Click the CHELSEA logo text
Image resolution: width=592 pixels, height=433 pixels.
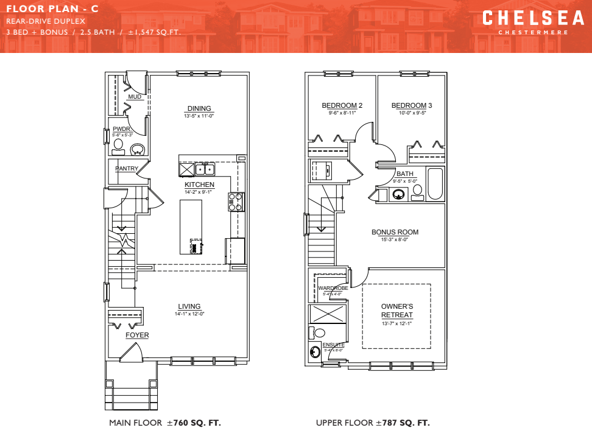pyautogui.click(x=533, y=18)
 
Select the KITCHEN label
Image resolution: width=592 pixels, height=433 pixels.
pyautogui.click(x=200, y=185)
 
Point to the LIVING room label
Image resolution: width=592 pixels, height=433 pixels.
pyautogui.click(x=189, y=306)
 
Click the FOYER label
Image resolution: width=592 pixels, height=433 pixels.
pyautogui.click(x=137, y=336)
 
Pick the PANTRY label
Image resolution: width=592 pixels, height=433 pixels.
pyautogui.click(x=127, y=169)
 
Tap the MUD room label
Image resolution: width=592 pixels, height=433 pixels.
pyautogui.click(x=135, y=97)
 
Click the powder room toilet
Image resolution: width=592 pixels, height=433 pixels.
pyautogui.click(x=118, y=147)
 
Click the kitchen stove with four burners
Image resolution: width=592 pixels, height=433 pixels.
pyautogui.click(x=236, y=202)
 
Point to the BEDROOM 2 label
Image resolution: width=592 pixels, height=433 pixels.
pyautogui.click(x=342, y=105)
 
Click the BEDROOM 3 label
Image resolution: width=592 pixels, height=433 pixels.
pyautogui.click(x=412, y=105)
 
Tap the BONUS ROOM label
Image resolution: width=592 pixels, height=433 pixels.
pyautogui.click(x=395, y=232)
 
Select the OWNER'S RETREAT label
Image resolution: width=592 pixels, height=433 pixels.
pyautogui.click(x=397, y=311)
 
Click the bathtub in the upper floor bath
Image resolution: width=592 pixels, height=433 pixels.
pyautogui.click(x=435, y=183)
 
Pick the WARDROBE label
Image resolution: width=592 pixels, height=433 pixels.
pyautogui.click(x=333, y=287)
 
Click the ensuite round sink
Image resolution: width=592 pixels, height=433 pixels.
pyautogui.click(x=315, y=352)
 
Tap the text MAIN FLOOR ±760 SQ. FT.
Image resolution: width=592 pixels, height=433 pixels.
pyautogui.click(x=165, y=423)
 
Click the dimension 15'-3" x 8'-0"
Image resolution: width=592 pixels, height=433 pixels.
pyautogui.click(x=395, y=240)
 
